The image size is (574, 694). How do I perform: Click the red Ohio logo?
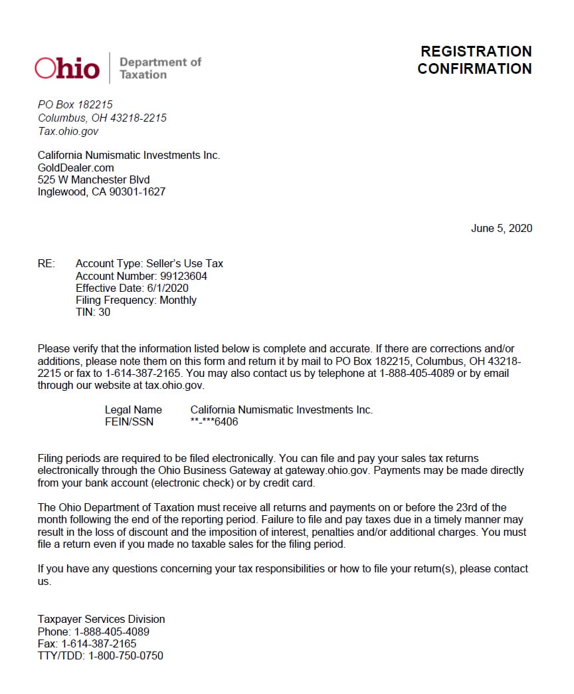tap(67, 68)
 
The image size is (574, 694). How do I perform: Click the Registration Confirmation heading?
tap(474, 60)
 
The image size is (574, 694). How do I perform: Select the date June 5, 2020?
tap(502, 228)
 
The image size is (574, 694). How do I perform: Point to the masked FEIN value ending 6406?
tap(214, 421)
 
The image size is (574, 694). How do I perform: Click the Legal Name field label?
tap(133, 409)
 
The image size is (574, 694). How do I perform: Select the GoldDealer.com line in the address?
tap(76, 168)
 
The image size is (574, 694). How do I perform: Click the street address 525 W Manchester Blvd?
tap(94, 179)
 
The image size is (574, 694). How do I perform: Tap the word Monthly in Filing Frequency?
tap(178, 300)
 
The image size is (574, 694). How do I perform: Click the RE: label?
tap(47, 264)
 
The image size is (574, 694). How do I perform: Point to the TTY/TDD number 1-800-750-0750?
tap(126, 655)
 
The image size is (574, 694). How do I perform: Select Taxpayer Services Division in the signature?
tap(101, 619)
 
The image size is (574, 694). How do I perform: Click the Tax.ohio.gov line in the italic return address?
tap(68, 131)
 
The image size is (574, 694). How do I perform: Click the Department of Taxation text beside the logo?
tap(160, 68)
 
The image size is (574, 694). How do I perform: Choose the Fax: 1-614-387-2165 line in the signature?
tap(87, 643)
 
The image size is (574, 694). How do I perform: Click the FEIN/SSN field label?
tap(129, 421)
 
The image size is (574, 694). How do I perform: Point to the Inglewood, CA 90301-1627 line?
tap(102, 191)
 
